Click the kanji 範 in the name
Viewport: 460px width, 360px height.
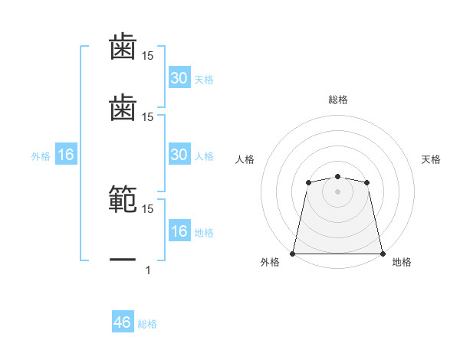pos(123,198)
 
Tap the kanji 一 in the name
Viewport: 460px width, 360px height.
pos(123,260)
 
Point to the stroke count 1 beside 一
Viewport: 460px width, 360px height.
pos(148,270)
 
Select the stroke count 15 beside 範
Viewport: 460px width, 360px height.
pos(148,208)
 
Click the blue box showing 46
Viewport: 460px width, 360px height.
pos(123,322)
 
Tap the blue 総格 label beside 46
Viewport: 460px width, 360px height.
pos(147,324)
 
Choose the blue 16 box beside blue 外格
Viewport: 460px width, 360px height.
pos(66,155)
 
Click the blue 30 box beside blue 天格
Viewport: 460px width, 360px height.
pos(179,78)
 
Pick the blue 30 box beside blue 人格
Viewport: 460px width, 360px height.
pos(179,155)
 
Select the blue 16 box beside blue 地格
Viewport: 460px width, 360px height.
pos(179,231)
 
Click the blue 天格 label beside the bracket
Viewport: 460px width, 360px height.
pos(204,80)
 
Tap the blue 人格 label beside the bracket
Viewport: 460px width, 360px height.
pos(204,156)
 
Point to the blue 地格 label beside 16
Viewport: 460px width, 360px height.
pos(204,233)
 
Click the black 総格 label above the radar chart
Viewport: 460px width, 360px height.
pos(338,100)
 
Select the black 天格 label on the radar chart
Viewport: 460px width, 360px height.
pos(431,159)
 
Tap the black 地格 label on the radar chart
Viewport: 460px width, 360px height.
pos(402,262)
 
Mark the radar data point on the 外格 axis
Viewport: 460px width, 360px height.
pos(293,254)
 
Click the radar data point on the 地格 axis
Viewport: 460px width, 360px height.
pos(383,254)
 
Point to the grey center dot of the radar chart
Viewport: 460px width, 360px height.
pos(337,191)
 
